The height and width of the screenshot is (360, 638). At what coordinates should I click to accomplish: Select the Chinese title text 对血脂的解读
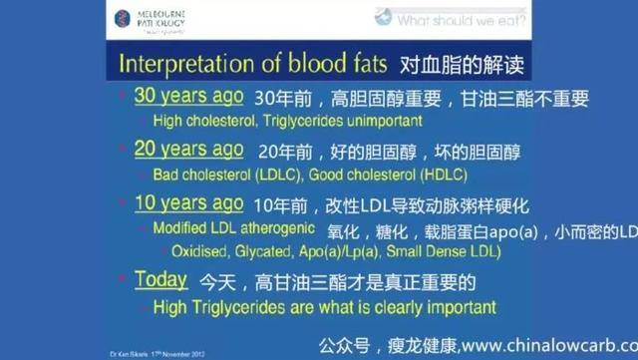tap(460, 65)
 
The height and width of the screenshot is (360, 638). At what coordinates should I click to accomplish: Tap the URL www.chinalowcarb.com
tap(546, 344)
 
